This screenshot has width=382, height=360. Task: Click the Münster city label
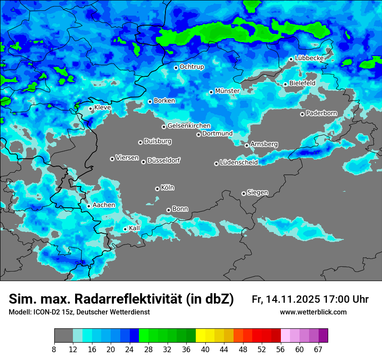coord(227,91)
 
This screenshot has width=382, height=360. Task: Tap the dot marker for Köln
coord(157,189)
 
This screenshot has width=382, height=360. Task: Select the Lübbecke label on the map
coord(309,58)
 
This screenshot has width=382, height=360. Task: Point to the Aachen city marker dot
coord(89,206)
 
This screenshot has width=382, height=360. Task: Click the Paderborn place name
coord(321,113)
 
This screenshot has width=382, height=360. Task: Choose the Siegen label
coord(257,193)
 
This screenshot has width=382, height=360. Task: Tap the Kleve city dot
coord(90,108)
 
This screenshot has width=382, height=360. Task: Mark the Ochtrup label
coord(191,67)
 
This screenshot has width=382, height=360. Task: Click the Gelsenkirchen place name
coord(189,126)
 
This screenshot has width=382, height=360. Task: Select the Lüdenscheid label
coord(239,163)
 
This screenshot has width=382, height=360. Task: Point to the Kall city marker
coord(125,229)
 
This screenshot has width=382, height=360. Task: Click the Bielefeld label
coord(302,83)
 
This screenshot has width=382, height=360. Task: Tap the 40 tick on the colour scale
coord(205,350)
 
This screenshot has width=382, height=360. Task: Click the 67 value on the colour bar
coord(319,350)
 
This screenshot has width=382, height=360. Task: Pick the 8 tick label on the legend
coord(55,350)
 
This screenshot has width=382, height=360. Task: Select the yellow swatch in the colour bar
coord(200,336)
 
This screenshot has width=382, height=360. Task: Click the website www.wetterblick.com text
coord(313,312)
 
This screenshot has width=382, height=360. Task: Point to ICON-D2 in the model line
coord(46,312)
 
